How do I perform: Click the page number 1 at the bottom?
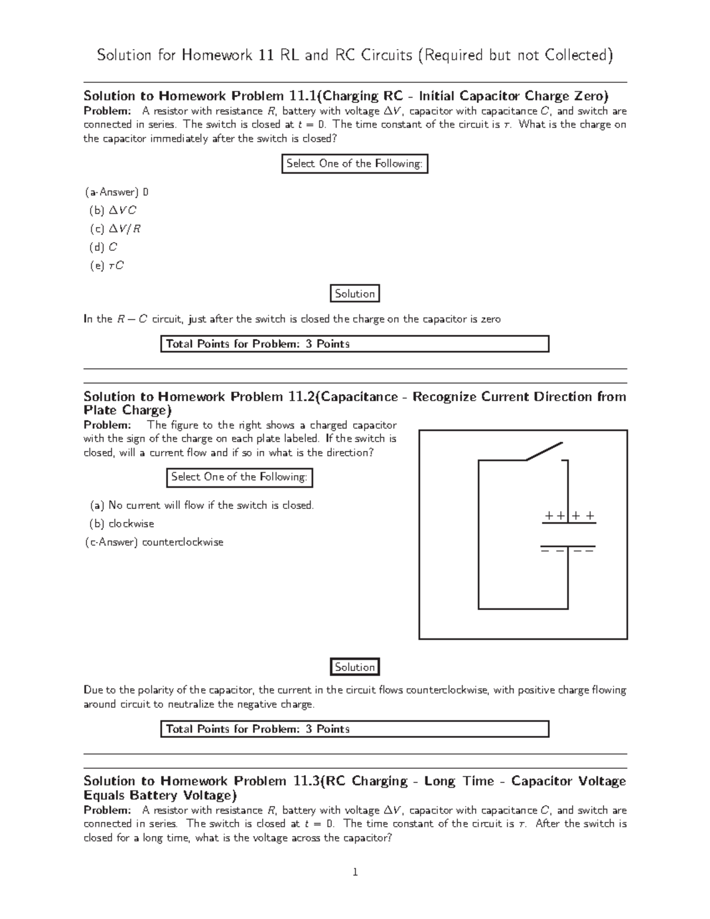[354, 872]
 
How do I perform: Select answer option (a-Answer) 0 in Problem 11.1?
[116, 192]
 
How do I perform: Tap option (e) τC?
[106, 265]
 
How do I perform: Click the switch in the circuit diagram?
[544, 451]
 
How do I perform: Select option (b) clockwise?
[122, 524]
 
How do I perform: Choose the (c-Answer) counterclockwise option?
[154, 542]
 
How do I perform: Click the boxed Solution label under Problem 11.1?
[354, 294]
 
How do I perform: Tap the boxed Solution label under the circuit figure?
[354, 667]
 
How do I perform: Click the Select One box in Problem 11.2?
[238, 477]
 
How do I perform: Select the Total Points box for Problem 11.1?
[354, 344]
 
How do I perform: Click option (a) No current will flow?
[202, 505]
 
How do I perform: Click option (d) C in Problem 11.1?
[103, 247]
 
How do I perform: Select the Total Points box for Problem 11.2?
[354, 729]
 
